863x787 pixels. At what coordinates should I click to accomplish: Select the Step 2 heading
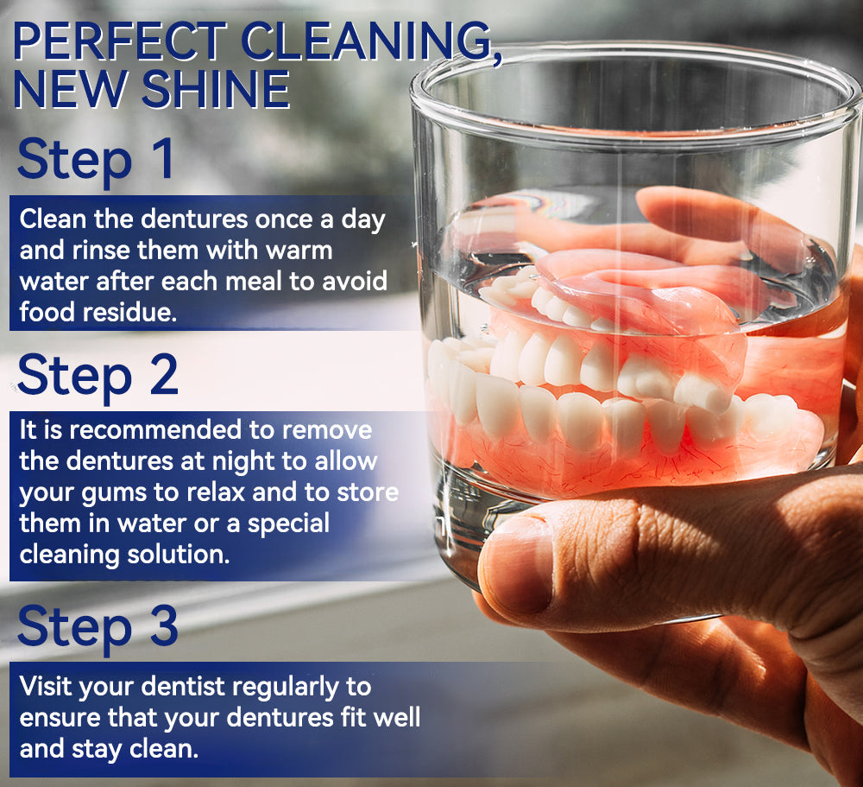tap(98, 374)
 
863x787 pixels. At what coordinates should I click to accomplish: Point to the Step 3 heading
tap(98, 625)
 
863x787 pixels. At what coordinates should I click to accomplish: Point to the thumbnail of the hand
tap(518, 566)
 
